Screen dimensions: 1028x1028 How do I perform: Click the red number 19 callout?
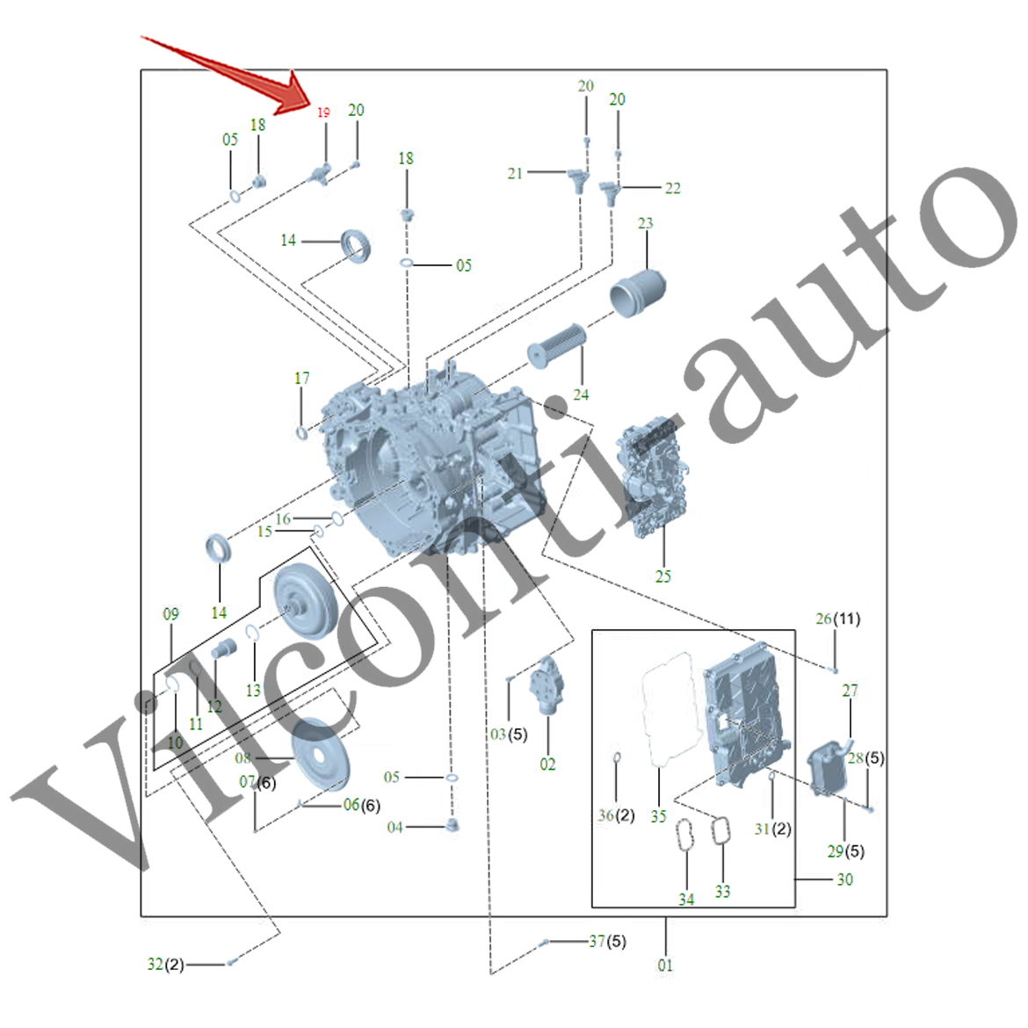pyautogui.click(x=323, y=112)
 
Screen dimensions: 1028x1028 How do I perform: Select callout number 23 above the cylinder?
pyautogui.click(x=646, y=223)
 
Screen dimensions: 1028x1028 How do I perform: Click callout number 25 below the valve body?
pyautogui.click(x=663, y=576)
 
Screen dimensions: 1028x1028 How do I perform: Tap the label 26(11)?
pyautogui.click(x=837, y=619)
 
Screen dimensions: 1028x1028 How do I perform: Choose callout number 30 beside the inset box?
pyautogui.click(x=844, y=880)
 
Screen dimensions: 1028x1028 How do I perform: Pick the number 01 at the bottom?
pyautogui.click(x=665, y=965)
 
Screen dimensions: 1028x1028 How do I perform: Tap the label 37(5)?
pyautogui.click(x=607, y=941)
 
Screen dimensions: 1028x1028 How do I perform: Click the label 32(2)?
pyautogui.click(x=165, y=964)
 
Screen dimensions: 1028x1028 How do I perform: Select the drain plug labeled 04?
pyautogui.click(x=453, y=825)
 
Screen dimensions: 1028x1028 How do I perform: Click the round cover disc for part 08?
pyautogui.click(x=321, y=753)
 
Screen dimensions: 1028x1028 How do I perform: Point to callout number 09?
pyautogui.click(x=170, y=614)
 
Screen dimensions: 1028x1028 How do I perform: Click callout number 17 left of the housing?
pyautogui.click(x=301, y=378)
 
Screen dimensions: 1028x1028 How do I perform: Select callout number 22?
pyautogui.click(x=672, y=188)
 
